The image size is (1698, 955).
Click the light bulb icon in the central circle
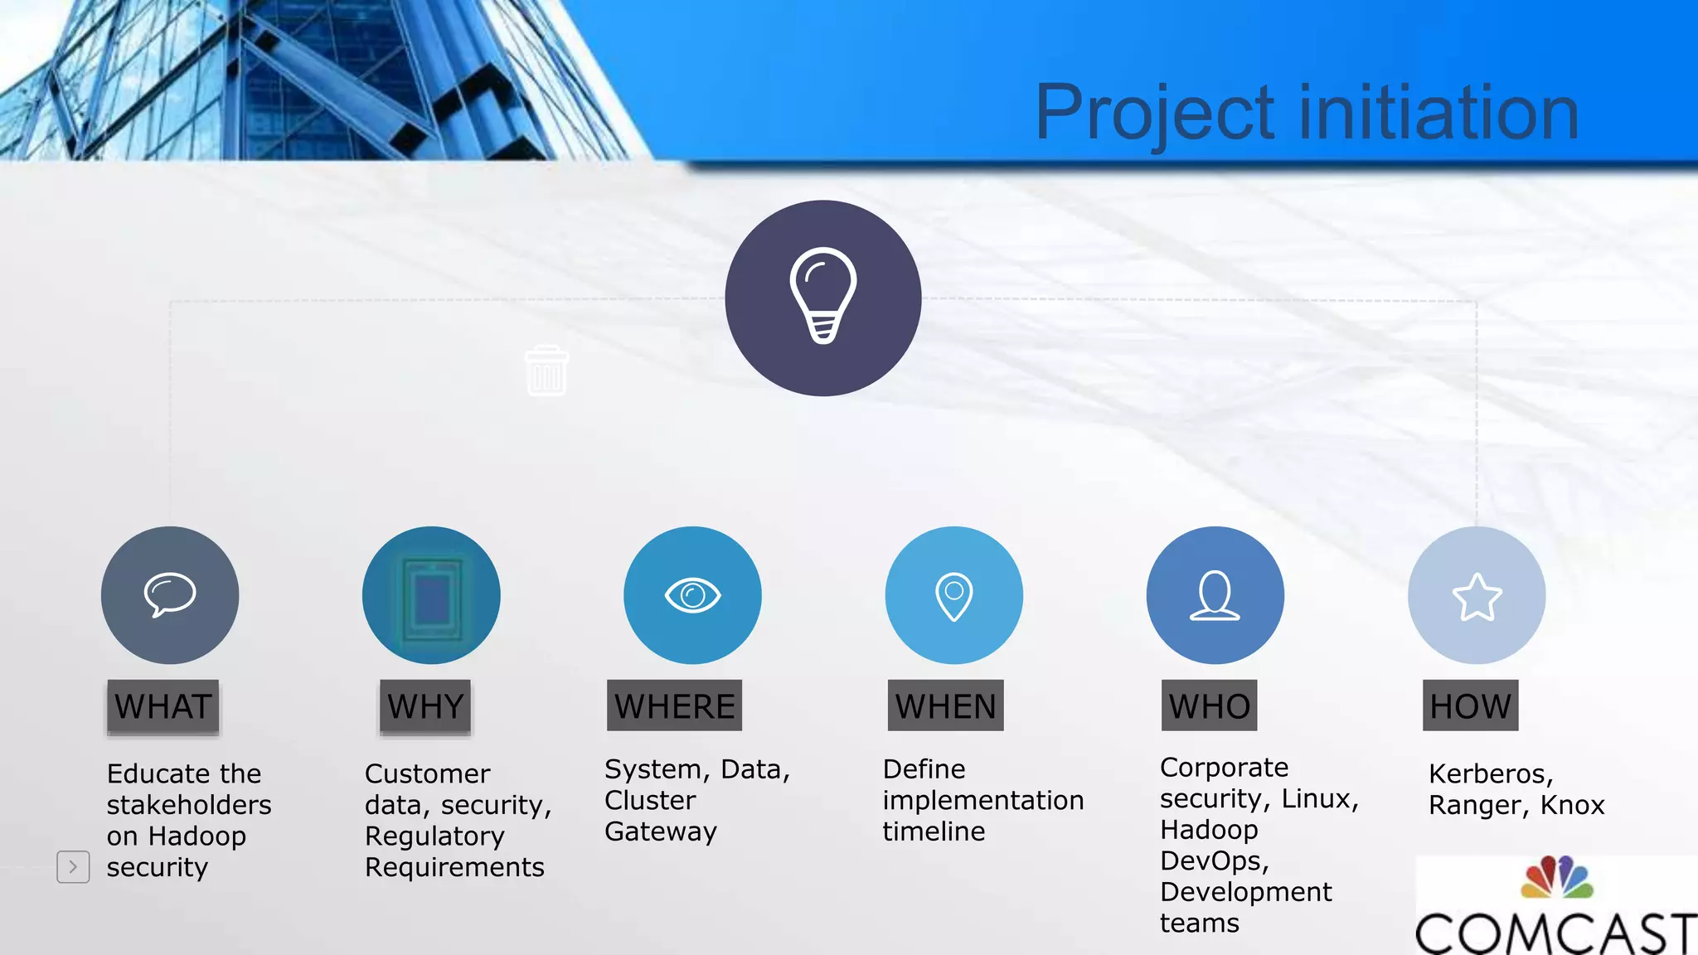click(822, 295)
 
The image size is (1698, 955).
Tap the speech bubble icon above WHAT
click(170, 594)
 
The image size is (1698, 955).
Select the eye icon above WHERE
click(692, 594)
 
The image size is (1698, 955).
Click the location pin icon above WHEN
click(953, 595)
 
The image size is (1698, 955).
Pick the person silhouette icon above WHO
click(1215, 595)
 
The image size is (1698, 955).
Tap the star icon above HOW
click(1477, 597)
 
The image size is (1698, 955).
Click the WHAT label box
click(163, 706)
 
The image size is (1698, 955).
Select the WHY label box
click(425, 706)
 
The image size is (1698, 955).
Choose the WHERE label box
click(674, 706)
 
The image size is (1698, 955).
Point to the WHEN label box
click(945, 706)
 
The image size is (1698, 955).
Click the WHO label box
click(1209, 706)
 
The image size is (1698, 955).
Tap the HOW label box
click(1470, 706)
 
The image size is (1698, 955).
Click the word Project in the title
click(1154, 114)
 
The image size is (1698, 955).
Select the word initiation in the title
click(1438, 114)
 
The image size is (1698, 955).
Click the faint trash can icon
click(546, 371)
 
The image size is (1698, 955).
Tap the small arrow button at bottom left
click(73, 867)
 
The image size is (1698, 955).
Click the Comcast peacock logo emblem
click(1557, 878)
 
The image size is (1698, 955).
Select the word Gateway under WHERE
click(660, 831)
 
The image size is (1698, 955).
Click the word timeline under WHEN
click(934, 831)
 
